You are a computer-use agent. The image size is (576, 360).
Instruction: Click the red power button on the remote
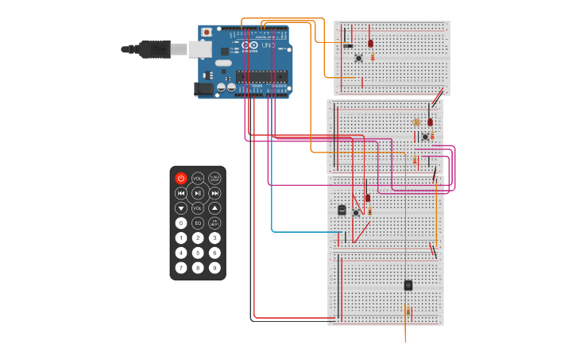[181, 178]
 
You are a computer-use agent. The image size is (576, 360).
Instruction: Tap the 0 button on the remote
[181, 223]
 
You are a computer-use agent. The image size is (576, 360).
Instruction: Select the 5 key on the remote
[198, 253]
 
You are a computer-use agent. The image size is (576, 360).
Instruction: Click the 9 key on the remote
[215, 268]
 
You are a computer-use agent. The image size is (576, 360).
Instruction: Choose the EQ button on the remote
[198, 223]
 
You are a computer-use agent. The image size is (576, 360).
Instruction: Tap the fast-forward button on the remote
[215, 193]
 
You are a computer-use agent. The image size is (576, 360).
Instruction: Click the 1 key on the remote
[181, 238]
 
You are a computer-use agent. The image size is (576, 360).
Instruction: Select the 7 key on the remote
[181, 268]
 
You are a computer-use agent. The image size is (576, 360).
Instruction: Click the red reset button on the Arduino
[207, 33]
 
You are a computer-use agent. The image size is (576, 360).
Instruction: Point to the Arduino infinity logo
[251, 45]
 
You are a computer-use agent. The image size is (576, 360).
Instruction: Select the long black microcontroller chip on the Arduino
[261, 76]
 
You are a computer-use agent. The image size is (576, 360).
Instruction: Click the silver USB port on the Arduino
[200, 49]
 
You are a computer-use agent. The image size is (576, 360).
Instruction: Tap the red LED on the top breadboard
[370, 43]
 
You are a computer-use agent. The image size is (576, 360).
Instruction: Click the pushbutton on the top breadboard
[358, 58]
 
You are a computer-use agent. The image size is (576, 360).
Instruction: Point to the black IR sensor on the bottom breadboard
[408, 285]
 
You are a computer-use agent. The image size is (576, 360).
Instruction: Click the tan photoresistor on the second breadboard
[416, 122]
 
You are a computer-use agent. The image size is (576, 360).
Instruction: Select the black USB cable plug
[154, 49]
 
